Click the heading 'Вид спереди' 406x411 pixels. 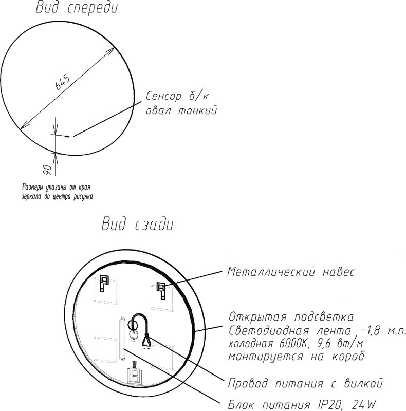coord(77,8)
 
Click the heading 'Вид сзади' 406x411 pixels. coord(137,224)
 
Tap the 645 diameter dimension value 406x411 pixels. coord(63,82)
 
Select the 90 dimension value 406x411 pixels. coord(47,170)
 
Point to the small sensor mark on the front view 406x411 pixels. coord(68,136)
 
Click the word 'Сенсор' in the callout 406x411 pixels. coord(163,96)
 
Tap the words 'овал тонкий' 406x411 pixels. coord(181,110)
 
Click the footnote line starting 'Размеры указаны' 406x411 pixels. coord(56,187)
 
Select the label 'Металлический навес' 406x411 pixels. coord(290,272)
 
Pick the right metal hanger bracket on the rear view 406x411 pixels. coord(161,290)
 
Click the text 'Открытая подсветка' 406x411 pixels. coord(291,317)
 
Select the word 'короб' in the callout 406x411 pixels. coord(348,357)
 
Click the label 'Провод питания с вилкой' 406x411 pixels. coord(305,383)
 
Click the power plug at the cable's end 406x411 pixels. coord(146,341)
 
